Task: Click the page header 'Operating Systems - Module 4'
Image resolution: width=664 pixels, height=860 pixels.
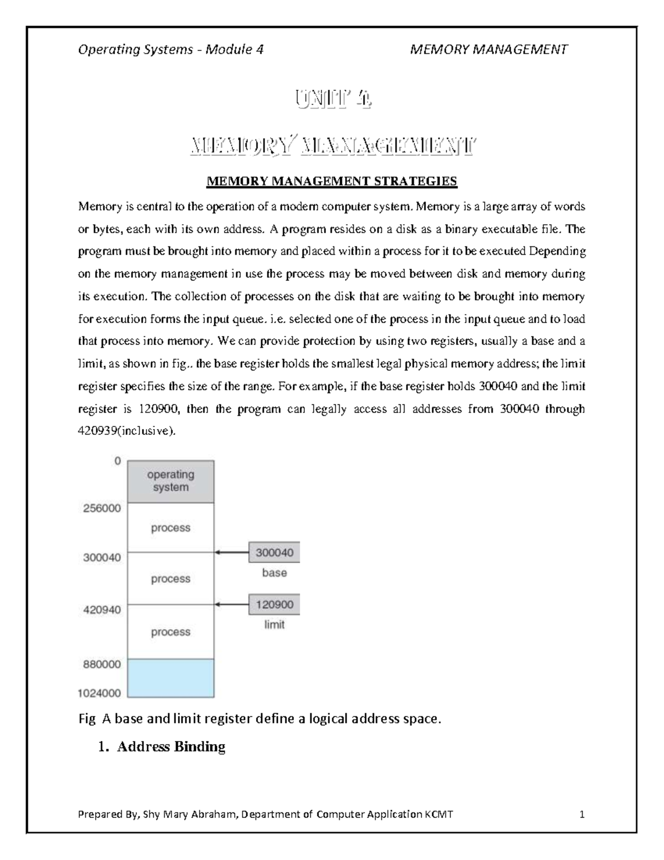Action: pyautogui.click(x=170, y=50)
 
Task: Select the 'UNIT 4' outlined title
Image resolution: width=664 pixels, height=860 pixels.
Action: pyautogui.click(x=332, y=101)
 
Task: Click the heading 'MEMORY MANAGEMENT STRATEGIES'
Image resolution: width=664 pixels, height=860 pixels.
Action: pyautogui.click(x=331, y=181)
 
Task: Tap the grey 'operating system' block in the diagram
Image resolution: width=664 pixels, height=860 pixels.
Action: pyautogui.click(x=171, y=481)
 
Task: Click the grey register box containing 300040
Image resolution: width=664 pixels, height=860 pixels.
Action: pyautogui.click(x=274, y=552)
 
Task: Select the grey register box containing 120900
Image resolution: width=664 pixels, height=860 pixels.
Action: pyautogui.click(x=274, y=604)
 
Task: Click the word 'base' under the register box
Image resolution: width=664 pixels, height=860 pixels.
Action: pyautogui.click(x=274, y=573)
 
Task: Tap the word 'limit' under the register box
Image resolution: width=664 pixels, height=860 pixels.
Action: pyautogui.click(x=274, y=625)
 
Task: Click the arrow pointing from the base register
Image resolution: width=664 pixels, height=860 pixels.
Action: pyautogui.click(x=232, y=552)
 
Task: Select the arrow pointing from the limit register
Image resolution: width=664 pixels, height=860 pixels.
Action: pyautogui.click(x=232, y=604)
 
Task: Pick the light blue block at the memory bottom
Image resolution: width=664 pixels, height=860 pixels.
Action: pyautogui.click(x=171, y=678)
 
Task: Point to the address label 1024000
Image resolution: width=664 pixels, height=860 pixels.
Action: pyautogui.click(x=99, y=692)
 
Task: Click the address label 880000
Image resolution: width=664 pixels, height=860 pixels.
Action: pyautogui.click(x=102, y=665)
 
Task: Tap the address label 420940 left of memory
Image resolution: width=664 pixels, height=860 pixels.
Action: pyautogui.click(x=102, y=609)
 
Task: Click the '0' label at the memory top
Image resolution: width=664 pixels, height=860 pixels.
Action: pyautogui.click(x=117, y=461)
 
